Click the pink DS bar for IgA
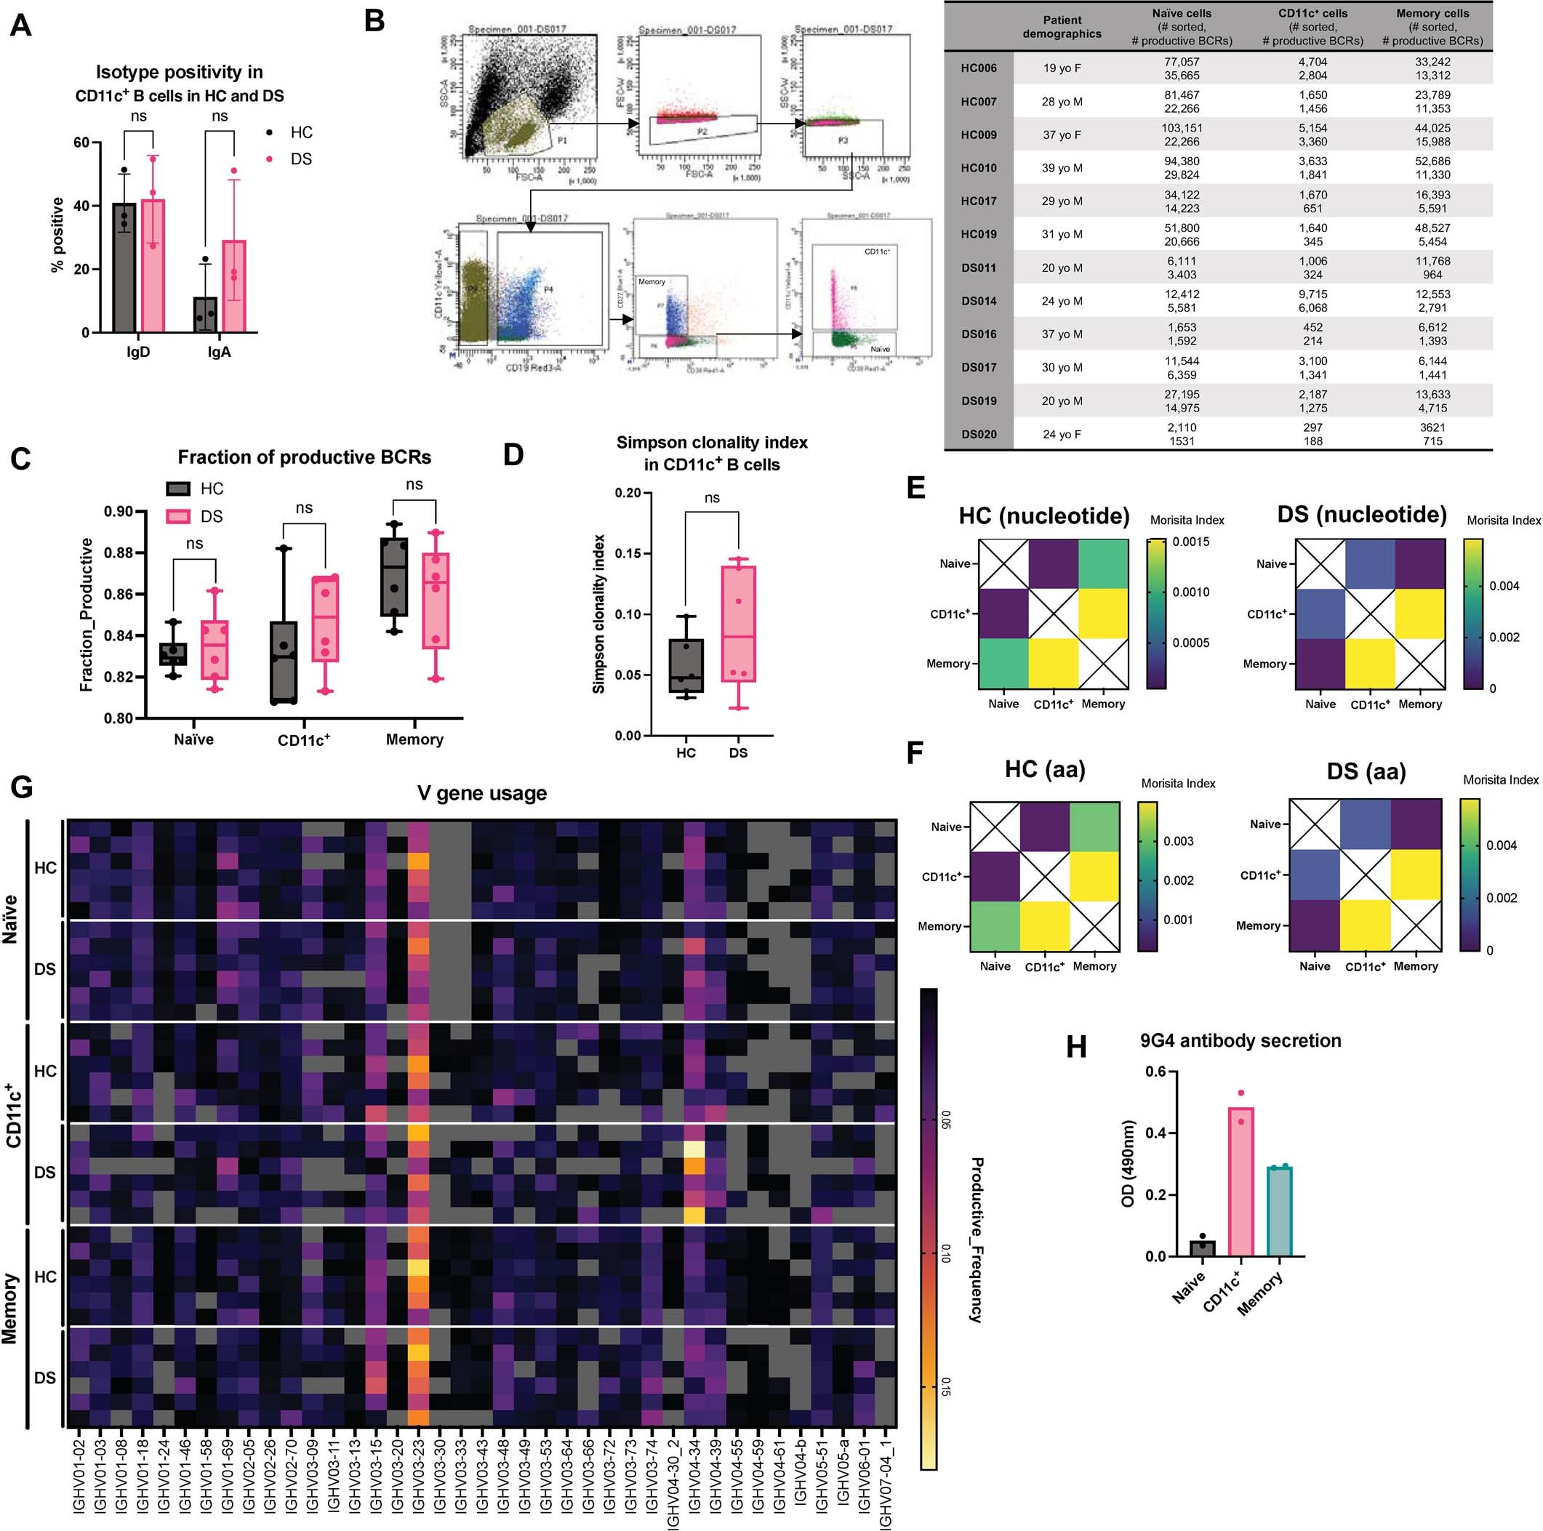point(234,286)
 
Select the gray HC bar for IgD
point(124,268)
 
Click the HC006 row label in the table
point(978,68)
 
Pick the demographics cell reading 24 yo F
point(1062,435)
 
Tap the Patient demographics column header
point(1062,27)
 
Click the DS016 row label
point(978,334)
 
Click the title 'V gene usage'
point(481,794)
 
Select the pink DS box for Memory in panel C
point(436,600)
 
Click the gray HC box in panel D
point(686,665)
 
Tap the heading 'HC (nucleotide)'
point(1044,516)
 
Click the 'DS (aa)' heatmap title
point(1366,771)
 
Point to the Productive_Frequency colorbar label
point(976,1239)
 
